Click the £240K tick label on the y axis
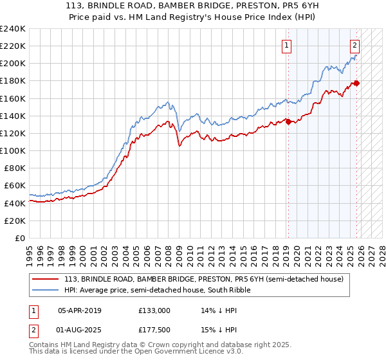[x=13, y=29]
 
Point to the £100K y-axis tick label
[x=13, y=150]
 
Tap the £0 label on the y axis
[x=20, y=238]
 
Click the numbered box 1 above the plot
[x=286, y=45]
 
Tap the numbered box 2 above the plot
[x=354, y=45]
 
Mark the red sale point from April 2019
[x=288, y=122]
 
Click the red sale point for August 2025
[x=356, y=83]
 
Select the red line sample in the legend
[x=46, y=279]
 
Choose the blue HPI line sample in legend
[x=46, y=290]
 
